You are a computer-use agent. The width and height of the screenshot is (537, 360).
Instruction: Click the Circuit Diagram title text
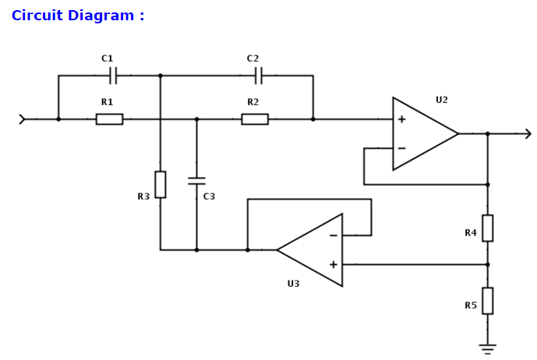78,16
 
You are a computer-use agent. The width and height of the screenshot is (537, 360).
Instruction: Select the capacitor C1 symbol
113,76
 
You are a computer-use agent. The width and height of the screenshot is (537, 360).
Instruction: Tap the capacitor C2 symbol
259,76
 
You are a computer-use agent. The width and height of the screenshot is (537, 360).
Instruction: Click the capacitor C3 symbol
196,181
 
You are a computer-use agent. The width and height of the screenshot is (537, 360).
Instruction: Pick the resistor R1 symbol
109,119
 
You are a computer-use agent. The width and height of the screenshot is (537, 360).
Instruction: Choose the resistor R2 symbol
255,119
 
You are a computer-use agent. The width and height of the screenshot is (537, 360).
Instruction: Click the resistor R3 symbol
160,185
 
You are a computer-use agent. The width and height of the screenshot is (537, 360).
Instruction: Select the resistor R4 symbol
487,228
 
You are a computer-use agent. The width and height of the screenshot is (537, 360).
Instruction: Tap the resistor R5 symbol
487,301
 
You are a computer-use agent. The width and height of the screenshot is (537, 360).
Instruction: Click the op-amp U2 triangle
421,134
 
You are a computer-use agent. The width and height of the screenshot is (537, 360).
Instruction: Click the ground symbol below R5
487,348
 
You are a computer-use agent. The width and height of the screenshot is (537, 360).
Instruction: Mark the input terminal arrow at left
23,119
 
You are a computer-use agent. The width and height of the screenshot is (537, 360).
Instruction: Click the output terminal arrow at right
527,134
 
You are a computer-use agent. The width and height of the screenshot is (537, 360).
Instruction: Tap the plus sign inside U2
401,119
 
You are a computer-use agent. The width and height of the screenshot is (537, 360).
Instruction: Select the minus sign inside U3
333,235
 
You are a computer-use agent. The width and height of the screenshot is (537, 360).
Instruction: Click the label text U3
293,284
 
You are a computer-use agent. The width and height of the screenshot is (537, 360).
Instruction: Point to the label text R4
471,233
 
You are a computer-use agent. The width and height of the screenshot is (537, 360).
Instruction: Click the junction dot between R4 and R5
487,264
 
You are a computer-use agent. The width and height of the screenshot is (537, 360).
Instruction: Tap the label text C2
253,58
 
